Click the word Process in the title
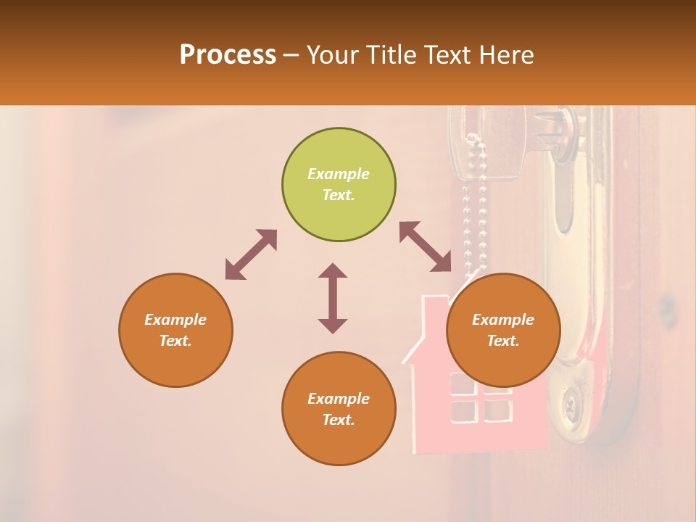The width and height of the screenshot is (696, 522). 228,55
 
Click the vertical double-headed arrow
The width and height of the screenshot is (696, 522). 333,298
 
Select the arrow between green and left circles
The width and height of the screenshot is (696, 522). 251,254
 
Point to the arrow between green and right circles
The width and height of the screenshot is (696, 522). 426,247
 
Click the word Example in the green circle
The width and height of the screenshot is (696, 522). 339,174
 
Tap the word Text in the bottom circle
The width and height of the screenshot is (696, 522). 339,420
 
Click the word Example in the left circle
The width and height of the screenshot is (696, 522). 175,320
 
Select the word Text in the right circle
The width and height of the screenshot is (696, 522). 503,341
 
